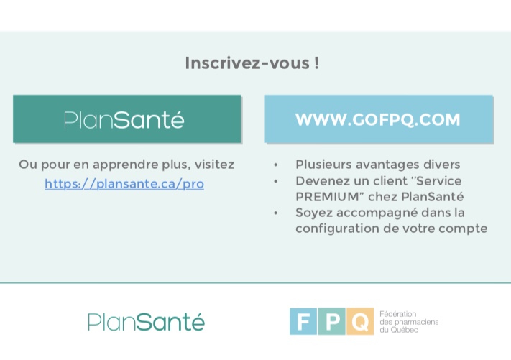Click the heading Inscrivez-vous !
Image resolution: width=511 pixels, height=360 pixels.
point(252,63)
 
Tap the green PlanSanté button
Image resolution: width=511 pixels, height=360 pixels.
point(127,119)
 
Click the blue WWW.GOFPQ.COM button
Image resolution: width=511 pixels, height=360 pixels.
point(379,119)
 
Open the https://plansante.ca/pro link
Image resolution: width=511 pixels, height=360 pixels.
point(124,184)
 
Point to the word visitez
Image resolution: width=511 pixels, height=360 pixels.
point(214,165)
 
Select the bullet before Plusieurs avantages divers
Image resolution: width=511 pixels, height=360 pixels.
point(276,165)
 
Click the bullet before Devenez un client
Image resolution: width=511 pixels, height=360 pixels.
point(276,181)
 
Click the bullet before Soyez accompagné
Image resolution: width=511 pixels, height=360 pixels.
point(276,213)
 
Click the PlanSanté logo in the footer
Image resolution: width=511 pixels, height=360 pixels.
point(146,322)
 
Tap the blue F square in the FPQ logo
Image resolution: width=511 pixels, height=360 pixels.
point(303,321)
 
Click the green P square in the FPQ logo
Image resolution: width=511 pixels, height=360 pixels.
point(332,321)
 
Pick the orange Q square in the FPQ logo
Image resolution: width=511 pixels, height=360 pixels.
point(360,321)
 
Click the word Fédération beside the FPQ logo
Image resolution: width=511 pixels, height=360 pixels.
point(398,314)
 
